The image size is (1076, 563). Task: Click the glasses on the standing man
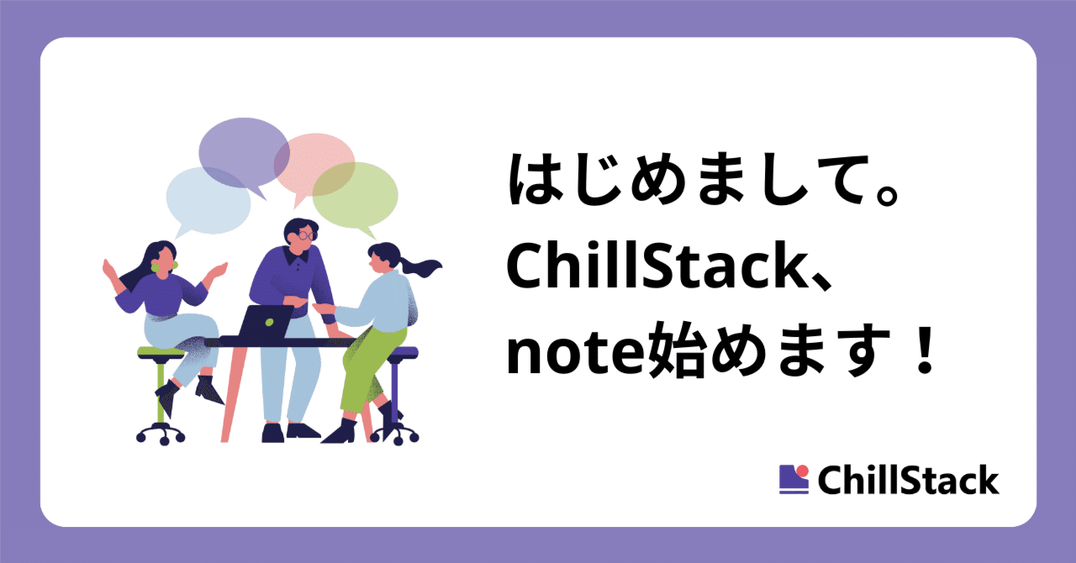[303, 236]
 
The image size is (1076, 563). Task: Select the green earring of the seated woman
[156, 266]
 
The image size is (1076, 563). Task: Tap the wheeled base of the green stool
[161, 432]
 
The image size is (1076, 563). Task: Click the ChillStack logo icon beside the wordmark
[794, 479]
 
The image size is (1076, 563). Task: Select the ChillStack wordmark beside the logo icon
[908, 481]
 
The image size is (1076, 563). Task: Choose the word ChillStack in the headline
[656, 269]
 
